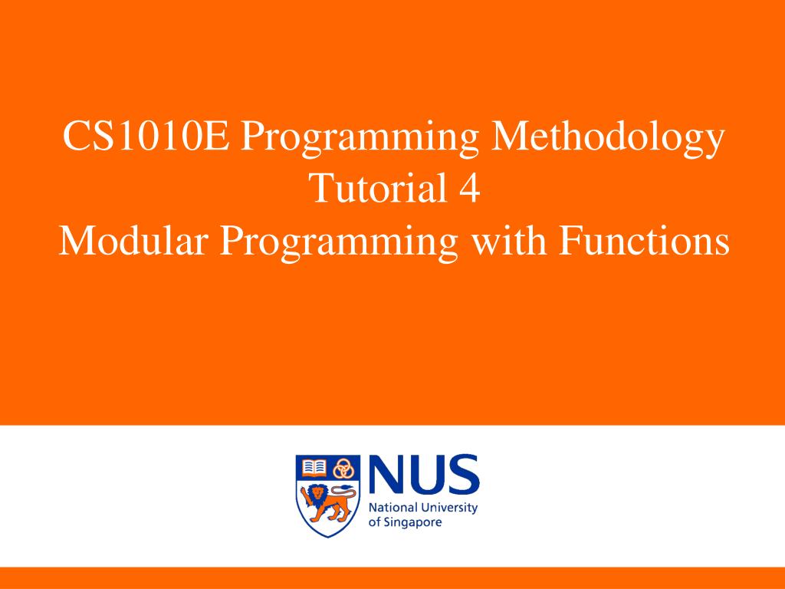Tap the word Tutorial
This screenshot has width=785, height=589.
373,189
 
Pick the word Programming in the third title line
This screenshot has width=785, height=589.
340,244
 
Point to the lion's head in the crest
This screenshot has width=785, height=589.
317,491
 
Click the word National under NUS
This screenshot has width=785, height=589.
393,508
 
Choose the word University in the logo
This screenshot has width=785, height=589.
448,508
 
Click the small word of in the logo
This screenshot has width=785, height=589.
374,522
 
